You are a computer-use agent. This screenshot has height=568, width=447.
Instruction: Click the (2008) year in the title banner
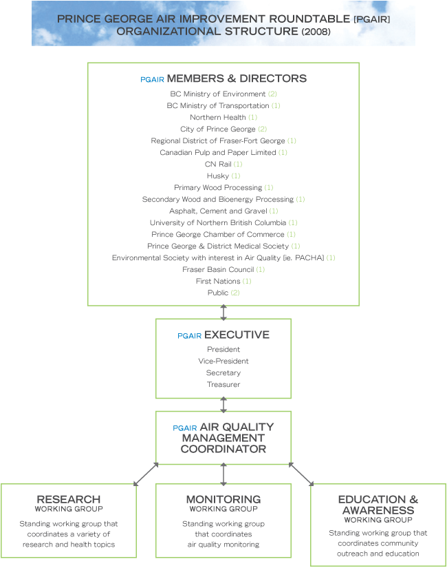click(x=316, y=32)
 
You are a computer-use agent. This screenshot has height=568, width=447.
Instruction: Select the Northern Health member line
click(x=223, y=117)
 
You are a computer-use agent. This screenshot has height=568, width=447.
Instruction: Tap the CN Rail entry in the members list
click(x=223, y=164)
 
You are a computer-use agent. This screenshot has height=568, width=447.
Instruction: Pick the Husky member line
click(x=223, y=176)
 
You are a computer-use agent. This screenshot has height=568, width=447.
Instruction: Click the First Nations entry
click(x=223, y=281)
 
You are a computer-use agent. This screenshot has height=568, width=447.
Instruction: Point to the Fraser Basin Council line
click(x=223, y=269)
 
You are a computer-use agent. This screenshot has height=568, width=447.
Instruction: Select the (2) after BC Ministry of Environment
click(x=272, y=94)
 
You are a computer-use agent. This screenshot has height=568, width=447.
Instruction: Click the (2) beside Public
click(x=235, y=293)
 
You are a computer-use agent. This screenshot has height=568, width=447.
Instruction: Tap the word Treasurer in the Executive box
click(x=223, y=384)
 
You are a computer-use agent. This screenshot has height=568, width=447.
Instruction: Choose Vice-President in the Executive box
click(x=223, y=361)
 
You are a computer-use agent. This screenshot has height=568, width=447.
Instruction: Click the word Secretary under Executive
click(x=223, y=372)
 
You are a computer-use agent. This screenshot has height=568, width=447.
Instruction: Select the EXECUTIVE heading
click(x=237, y=335)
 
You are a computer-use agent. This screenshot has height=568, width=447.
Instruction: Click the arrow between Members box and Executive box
click(x=223, y=313)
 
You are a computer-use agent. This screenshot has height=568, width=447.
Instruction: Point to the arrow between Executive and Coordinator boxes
click(x=223, y=405)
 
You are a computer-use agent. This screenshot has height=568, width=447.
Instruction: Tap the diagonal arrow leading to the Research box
click(x=146, y=474)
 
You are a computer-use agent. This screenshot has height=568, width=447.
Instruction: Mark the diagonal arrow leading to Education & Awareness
click(x=301, y=474)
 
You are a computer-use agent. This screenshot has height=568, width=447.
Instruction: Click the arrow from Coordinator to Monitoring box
click(x=223, y=474)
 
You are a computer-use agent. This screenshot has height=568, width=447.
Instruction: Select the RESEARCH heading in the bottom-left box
click(x=69, y=499)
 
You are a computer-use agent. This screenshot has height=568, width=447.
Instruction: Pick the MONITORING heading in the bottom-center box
click(x=223, y=499)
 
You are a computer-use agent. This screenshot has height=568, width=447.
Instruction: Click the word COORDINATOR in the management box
click(x=223, y=449)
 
